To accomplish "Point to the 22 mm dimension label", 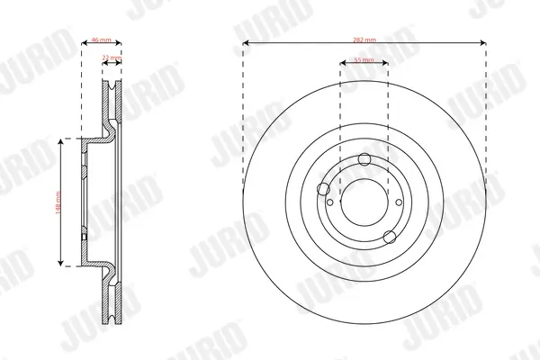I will coord(112,58).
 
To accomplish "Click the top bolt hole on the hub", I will coord(364,160).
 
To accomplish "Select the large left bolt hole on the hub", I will coord(324,189).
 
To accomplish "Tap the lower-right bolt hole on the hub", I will coord(389,237).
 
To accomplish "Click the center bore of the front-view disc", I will coord(364,202).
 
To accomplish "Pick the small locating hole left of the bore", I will coord(330,202).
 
